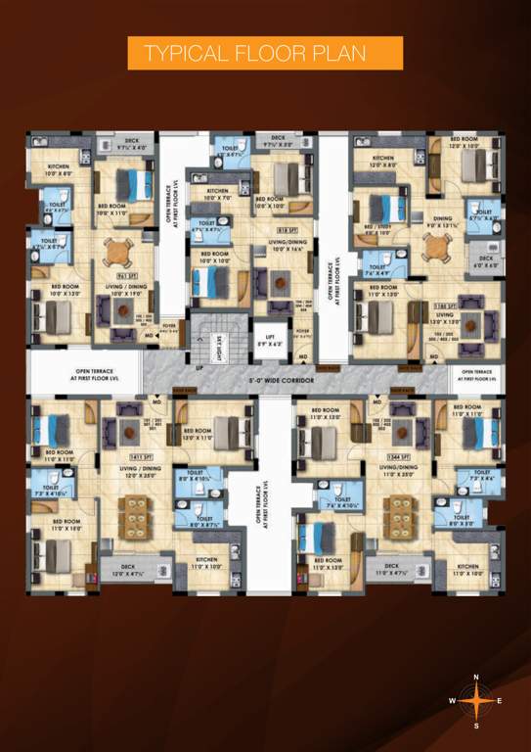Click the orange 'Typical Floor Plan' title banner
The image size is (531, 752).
point(265,53)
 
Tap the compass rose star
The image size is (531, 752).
point(475,700)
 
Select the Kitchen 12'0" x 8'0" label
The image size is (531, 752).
point(383,162)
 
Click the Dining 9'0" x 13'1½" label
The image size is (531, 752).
point(442,223)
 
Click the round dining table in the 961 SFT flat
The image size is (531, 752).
point(117,254)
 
